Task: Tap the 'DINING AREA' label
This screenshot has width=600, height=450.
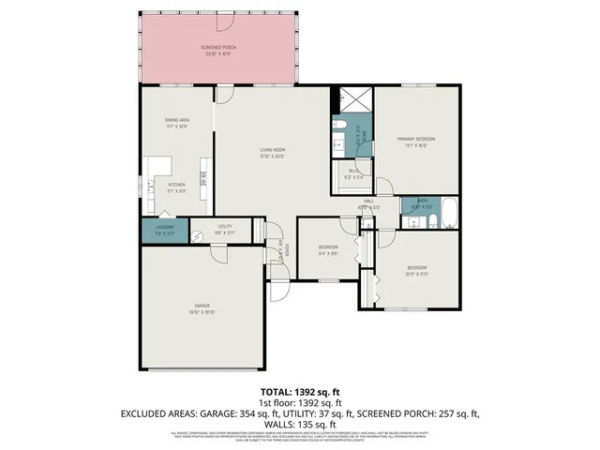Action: pyautogui.click(x=177, y=121)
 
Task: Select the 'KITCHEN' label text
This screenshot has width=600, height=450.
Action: pyautogui.click(x=176, y=186)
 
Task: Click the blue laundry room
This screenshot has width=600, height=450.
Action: pyautogui.click(x=164, y=231)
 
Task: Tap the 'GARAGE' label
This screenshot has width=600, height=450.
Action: pyautogui.click(x=202, y=307)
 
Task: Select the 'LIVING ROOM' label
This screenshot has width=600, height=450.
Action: pyautogui.click(x=273, y=151)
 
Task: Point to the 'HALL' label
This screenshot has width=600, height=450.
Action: pyautogui.click(x=369, y=202)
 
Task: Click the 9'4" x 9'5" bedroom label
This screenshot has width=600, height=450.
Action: pyautogui.click(x=328, y=248)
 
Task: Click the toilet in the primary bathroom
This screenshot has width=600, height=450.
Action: pyautogui.click(x=340, y=122)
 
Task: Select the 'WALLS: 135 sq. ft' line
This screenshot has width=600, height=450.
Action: pyautogui.click(x=299, y=424)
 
